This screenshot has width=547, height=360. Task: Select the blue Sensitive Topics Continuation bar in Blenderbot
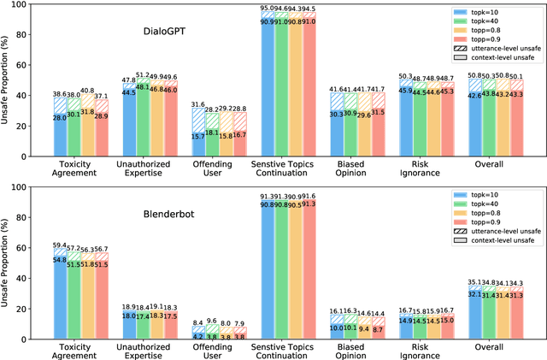point(267,264)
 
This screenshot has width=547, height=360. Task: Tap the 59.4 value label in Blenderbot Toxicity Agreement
point(58,245)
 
